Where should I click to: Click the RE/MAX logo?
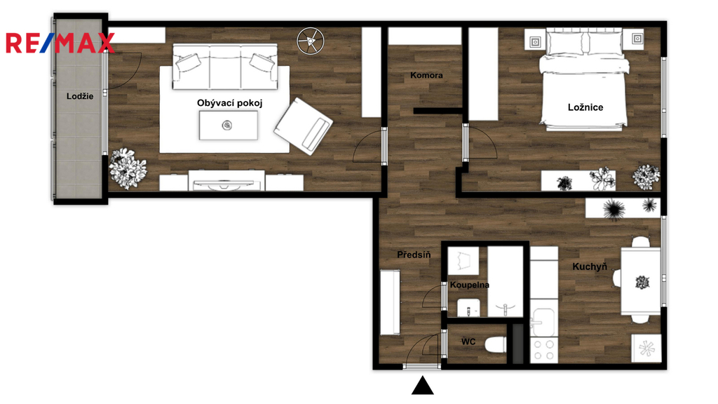pos(60,43)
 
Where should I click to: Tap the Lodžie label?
pos(80,96)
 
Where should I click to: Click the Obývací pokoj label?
pos(230,103)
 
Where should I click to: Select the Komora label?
pos(426,75)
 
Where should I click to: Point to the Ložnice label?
pos(585,107)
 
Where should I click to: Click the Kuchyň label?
pos(590,266)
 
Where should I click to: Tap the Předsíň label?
pos(414,254)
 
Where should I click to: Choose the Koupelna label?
pos(469,285)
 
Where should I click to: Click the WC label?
pos(468,342)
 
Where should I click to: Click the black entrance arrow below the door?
pos(422,386)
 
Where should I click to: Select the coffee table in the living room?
pos(228,125)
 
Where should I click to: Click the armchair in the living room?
pos(303,126)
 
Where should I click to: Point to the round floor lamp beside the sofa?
pos(311,41)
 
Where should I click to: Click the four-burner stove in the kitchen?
pos(544,350)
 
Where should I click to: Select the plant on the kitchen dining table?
pos(642,282)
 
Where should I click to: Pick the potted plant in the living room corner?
pos(128,168)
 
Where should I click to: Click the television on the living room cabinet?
pos(224,184)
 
